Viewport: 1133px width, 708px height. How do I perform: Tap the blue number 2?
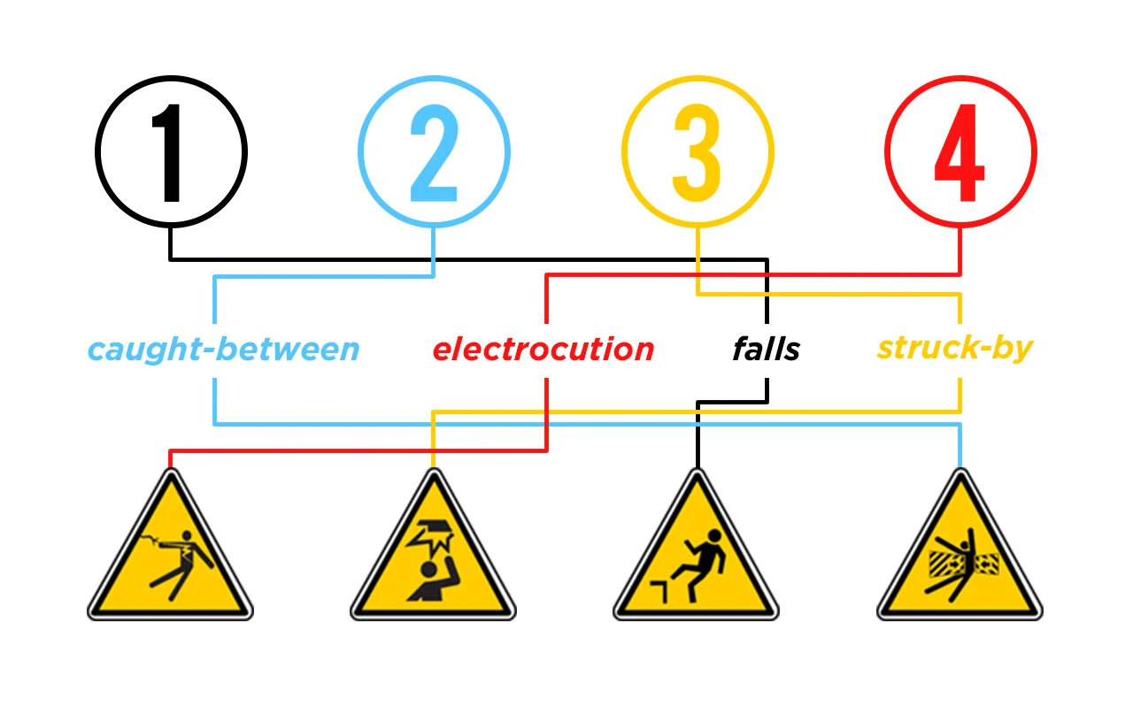[x=434, y=153]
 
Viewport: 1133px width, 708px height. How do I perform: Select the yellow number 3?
[x=697, y=153]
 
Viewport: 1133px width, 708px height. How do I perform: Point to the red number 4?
[x=960, y=153]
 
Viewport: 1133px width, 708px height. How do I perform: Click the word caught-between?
[x=224, y=350]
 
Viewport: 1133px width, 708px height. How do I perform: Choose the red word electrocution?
[x=543, y=350]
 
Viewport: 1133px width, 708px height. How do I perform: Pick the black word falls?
[x=767, y=349]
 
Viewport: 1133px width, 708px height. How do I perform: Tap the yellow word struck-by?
[x=955, y=349]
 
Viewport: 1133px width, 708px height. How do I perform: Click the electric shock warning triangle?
[x=171, y=545]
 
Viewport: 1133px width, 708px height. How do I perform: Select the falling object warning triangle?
[x=434, y=545]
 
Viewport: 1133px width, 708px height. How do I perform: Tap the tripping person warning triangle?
[x=697, y=545]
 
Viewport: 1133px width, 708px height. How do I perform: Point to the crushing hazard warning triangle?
[x=960, y=545]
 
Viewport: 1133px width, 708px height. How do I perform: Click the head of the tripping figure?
[x=714, y=536]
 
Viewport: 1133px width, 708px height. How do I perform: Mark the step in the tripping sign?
[x=659, y=590]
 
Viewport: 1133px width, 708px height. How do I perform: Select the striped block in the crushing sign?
[x=943, y=564]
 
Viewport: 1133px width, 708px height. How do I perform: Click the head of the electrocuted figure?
[x=187, y=535]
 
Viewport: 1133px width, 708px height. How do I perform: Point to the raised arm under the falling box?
[x=451, y=572]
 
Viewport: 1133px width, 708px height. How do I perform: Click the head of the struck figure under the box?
[x=429, y=569]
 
